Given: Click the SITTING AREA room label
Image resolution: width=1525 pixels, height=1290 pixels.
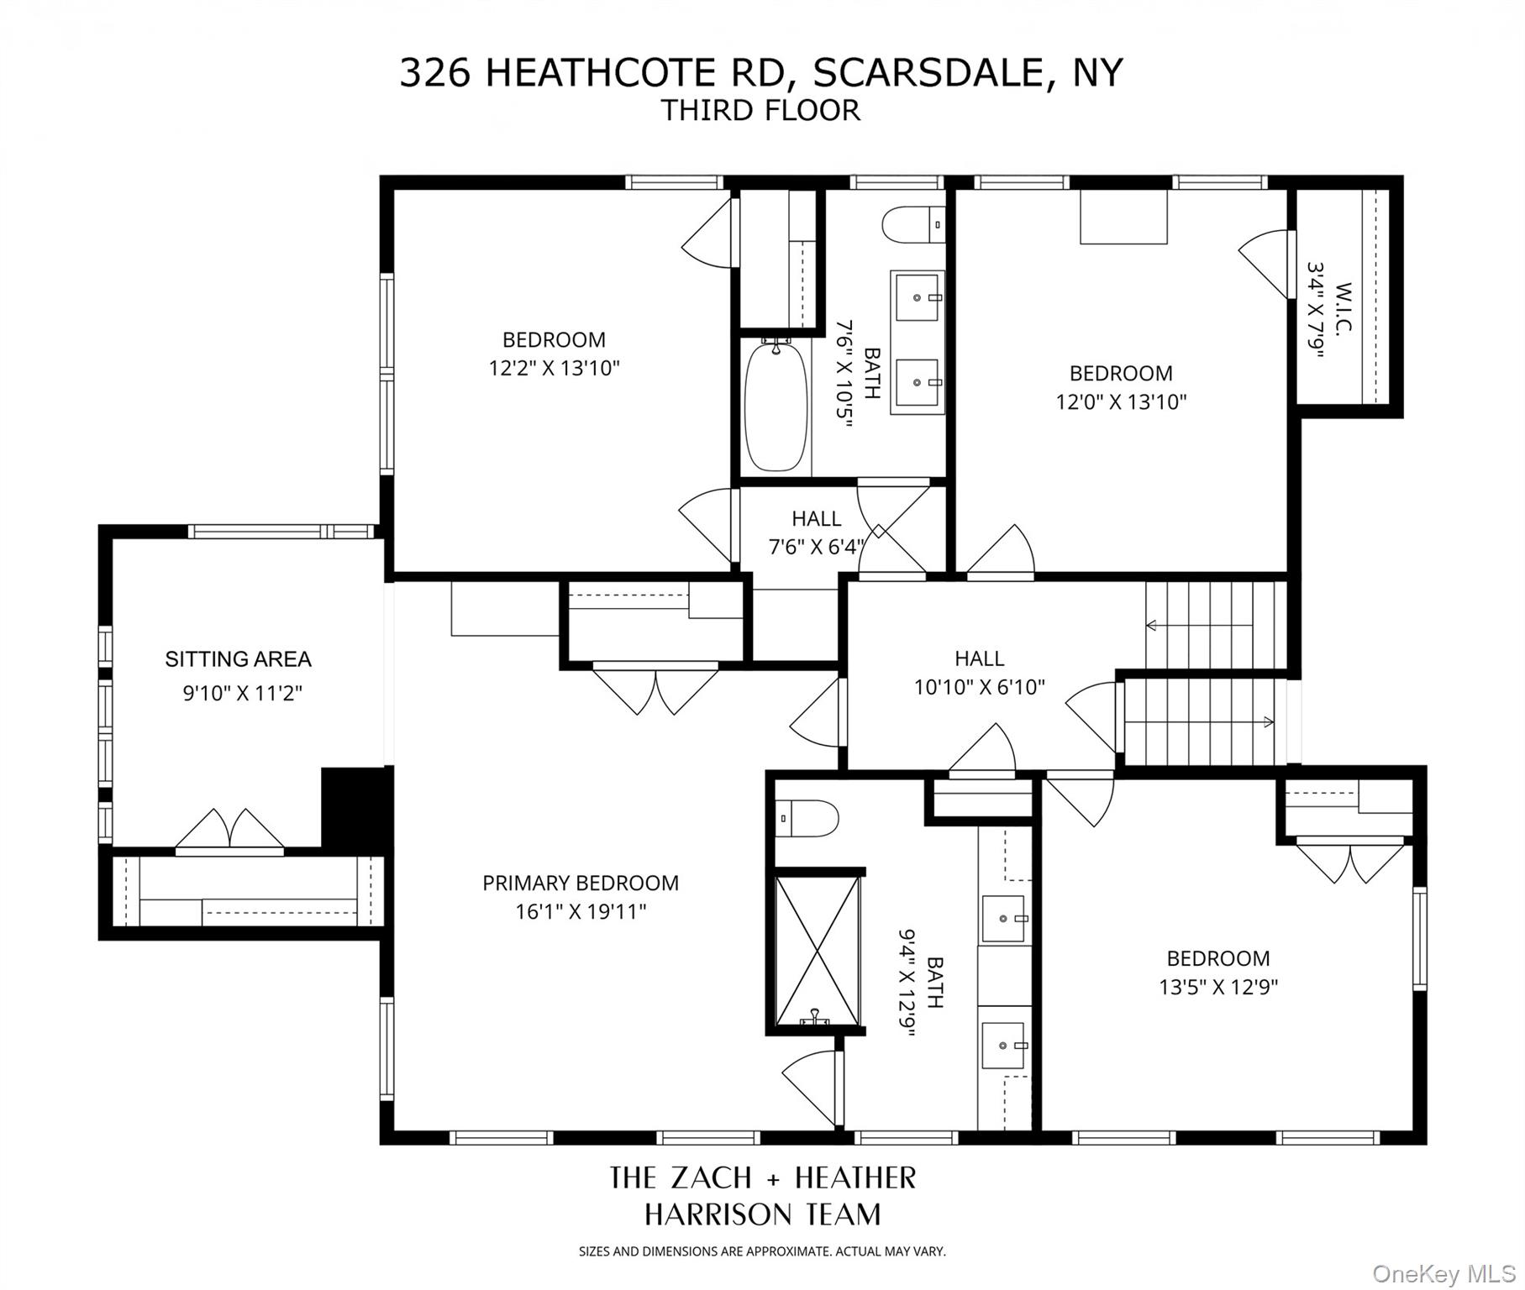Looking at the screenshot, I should (238, 659).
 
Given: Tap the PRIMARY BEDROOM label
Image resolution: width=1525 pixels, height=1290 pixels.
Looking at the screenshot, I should (580, 884).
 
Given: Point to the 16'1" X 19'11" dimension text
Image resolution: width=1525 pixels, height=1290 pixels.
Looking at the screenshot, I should (581, 912).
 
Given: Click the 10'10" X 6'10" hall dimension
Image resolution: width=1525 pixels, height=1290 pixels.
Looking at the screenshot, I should (979, 688).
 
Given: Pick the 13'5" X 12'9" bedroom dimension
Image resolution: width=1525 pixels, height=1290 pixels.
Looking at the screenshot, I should (1218, 987).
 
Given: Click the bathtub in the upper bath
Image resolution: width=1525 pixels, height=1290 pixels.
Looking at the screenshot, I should (776, 406).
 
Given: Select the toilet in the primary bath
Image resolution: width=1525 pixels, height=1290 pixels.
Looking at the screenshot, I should (807, 818).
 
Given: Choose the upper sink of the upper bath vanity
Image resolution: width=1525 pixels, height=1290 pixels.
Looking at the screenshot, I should (917, 296).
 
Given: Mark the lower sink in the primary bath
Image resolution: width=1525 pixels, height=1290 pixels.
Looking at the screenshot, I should (1005, 1045).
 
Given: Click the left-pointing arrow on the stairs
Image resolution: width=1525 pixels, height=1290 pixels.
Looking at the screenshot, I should (1152, 626).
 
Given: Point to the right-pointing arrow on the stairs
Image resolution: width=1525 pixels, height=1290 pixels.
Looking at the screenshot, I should (1268, 722).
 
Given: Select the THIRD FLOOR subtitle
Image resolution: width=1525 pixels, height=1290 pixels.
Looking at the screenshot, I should (760, 111).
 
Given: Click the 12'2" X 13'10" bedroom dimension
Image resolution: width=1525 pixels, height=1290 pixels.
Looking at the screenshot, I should (554, 368).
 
